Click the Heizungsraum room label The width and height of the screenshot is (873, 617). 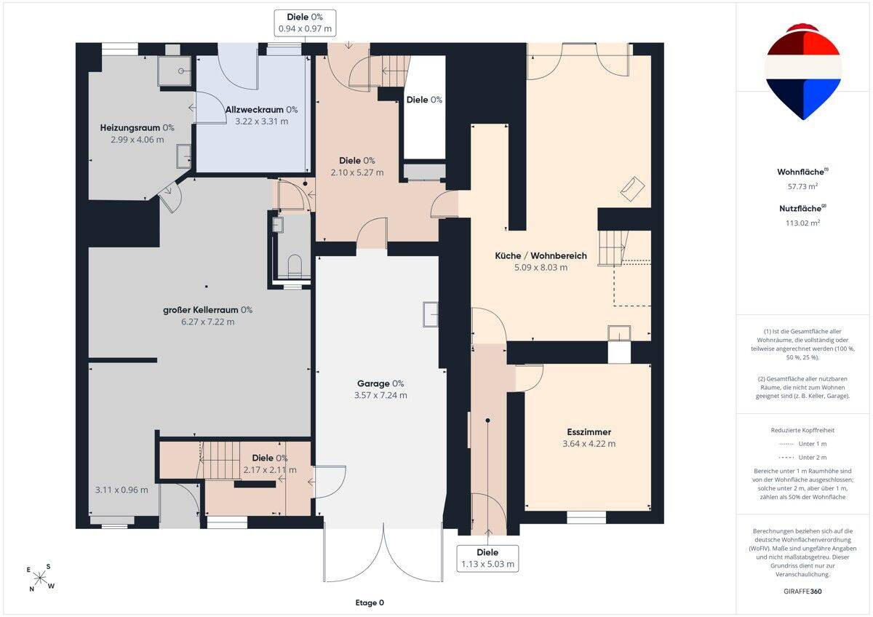[x=137, y=128]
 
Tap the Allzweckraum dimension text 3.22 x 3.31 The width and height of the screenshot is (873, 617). [x=261, y=122]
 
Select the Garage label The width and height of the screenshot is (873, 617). [x=380, y=383]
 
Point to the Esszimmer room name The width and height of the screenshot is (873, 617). [x=589, y=432]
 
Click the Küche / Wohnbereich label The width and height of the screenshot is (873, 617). [x=541, y=255]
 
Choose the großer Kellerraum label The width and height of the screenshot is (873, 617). [x=208, y=310]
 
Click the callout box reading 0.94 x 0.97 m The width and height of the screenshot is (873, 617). [x=305, y=23]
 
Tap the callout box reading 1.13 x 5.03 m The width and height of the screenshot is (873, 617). [x=487, y=558]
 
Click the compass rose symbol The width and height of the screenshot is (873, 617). [x=40, y=578]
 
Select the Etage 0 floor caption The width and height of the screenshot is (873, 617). [x=370, y=602]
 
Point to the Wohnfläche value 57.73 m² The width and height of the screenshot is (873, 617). [x=802, y=186]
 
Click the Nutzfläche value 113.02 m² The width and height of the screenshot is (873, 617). [x=802, y=223]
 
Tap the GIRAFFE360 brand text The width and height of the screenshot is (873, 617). [x=802, y=592]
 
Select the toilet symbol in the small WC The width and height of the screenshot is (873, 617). [x=295, y=266]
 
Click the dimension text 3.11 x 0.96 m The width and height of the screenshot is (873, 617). [x=121, y=490]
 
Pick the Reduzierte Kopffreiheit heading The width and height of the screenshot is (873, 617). [x=802, y=430]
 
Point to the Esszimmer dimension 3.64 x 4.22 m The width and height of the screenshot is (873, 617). [x=589, y=444]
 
